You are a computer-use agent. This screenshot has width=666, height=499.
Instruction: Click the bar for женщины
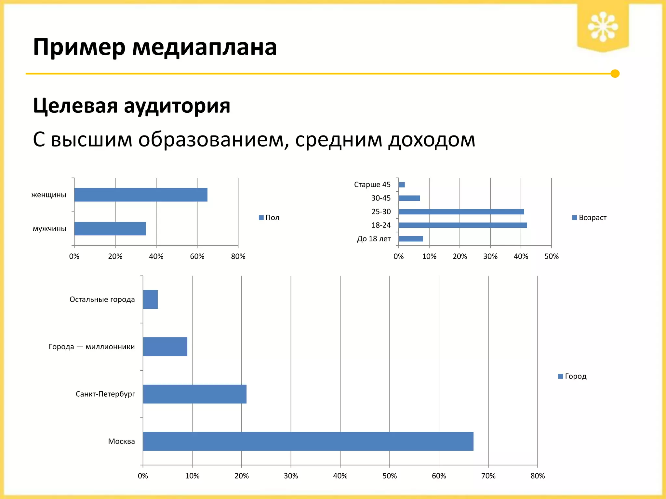(x=140, y=195)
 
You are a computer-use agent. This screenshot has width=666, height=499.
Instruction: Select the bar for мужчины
(x=110, y=228)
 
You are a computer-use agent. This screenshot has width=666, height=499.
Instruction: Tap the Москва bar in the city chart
(x=308, y=441)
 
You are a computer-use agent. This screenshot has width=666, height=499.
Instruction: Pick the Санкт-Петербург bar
(x=194, y=394)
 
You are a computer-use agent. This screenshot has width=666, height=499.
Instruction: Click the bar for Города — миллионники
(x=165, y=347)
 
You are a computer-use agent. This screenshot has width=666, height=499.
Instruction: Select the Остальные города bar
(x=150, y=299)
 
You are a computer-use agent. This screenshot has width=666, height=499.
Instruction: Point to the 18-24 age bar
(x=462, y=225)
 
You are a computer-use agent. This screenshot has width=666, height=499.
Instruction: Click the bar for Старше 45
(x=402, y=185)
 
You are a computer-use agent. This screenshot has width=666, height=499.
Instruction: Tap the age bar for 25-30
(x=461, y=211)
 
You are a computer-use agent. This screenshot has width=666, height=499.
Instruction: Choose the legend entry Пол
(x=269, y=218)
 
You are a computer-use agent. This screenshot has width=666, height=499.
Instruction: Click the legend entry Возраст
(x=589, y=218)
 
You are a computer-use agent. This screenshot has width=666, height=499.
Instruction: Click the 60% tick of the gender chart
(x=197, y=256)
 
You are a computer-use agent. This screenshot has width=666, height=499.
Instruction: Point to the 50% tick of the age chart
(x=552, y=256)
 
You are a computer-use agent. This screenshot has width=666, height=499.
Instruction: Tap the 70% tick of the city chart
(x=488, y=476)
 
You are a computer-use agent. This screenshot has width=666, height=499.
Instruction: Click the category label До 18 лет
(x=374, y=239)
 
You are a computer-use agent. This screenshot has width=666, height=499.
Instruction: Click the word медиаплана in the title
(x=204, y=47)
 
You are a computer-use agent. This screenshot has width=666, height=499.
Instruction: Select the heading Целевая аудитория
(x=131, y=106)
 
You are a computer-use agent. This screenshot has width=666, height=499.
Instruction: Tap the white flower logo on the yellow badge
(x=603, y=27)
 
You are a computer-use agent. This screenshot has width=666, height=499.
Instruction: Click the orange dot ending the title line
(x=615, y=74)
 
